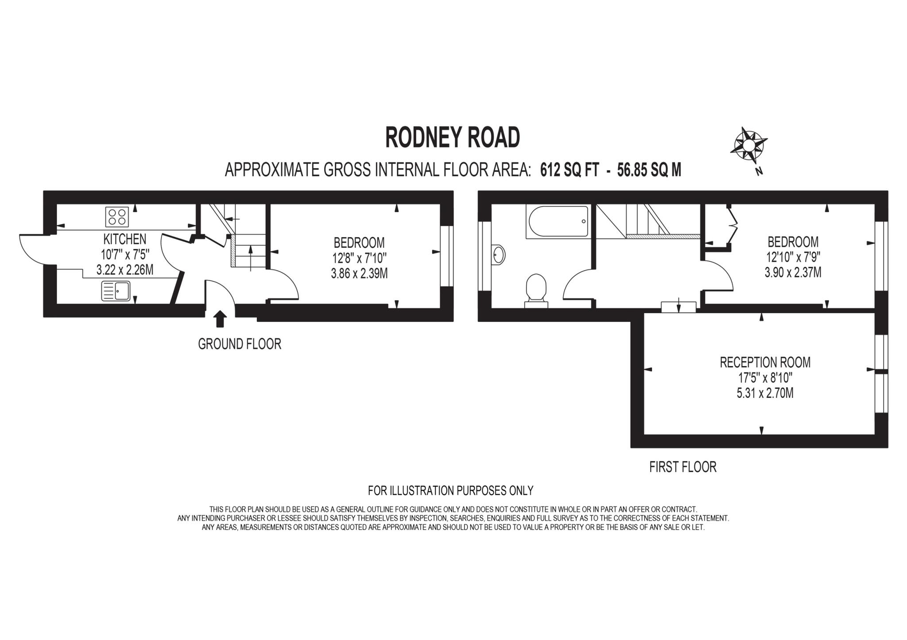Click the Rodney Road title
[452, 138]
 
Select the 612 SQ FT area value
[569, 170]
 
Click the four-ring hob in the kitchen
[117, 217]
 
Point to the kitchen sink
[116, 291]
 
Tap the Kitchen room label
[124, 239]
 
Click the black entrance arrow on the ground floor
[220, 319]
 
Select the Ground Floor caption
[239, 344]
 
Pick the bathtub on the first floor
[557, 221]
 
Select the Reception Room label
[765, 362]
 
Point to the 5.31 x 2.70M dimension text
[765, 393]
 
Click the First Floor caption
[682, 467]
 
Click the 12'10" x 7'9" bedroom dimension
[793, 257]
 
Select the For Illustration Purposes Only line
[450, 490]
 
